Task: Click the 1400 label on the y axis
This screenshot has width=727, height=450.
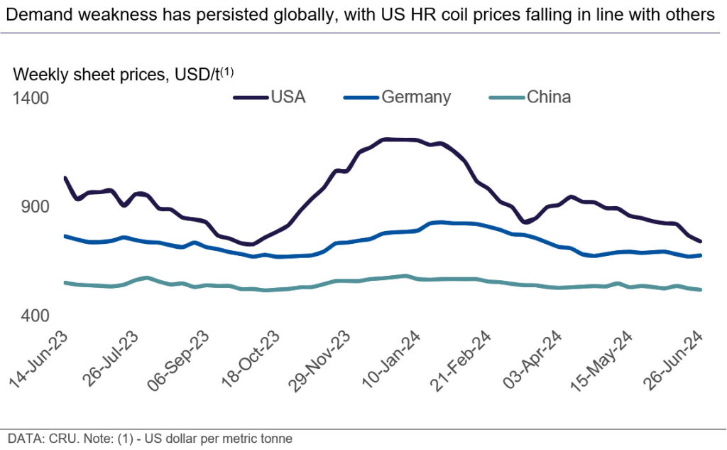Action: tap(31, 97)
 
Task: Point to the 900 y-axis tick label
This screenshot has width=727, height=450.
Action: tap(35, 207)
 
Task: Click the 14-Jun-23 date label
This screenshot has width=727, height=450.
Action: tap(38, 359)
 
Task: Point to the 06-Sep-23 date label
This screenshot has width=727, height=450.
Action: tap(180, 359)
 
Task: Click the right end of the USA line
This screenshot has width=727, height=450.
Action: tap(701, 242)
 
